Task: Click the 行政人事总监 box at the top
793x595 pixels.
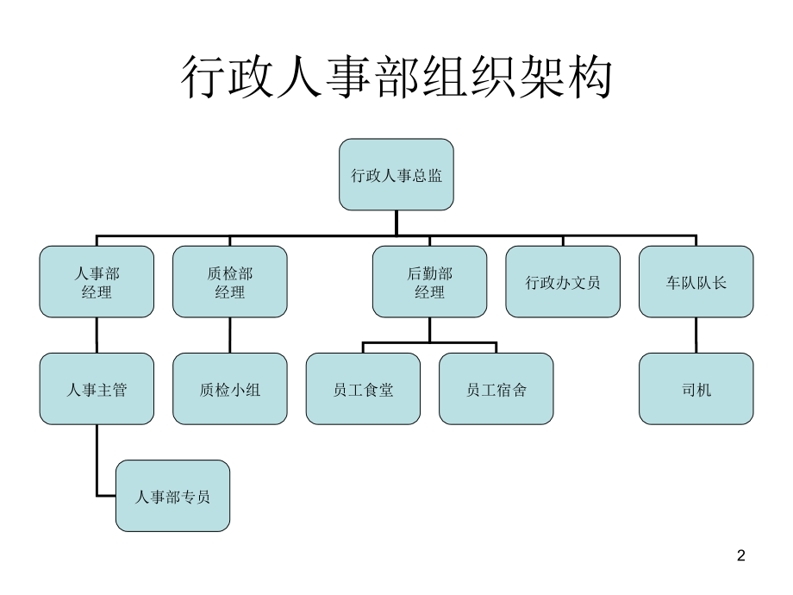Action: click(x=396, y=174)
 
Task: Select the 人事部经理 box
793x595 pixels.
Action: click(x=97, y=282)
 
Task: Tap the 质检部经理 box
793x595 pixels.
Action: click(x=230, y=282)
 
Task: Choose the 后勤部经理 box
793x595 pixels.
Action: click(x=429, y=282)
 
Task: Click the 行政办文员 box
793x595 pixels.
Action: click(x=563, y=282)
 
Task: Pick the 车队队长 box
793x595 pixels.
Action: click(x=696, y=282)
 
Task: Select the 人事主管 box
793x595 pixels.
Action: click(x=97, y=389)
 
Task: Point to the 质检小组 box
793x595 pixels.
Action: click(x=230, y=389)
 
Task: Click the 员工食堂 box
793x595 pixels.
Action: click(x=363, y=389)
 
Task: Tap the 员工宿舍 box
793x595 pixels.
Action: click(x=496, y=389)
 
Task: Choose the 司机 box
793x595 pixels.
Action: click(x=696, y=389)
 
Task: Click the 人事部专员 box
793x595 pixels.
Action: click(x=173, y=496)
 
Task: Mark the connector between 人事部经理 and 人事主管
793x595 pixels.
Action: click(x=97, y=335)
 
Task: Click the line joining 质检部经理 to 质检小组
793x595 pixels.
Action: click(x=230, y=335)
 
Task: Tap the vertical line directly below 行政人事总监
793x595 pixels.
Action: click(x=396, y=222)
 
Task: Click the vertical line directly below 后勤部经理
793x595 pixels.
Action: click(x=429, y=329)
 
